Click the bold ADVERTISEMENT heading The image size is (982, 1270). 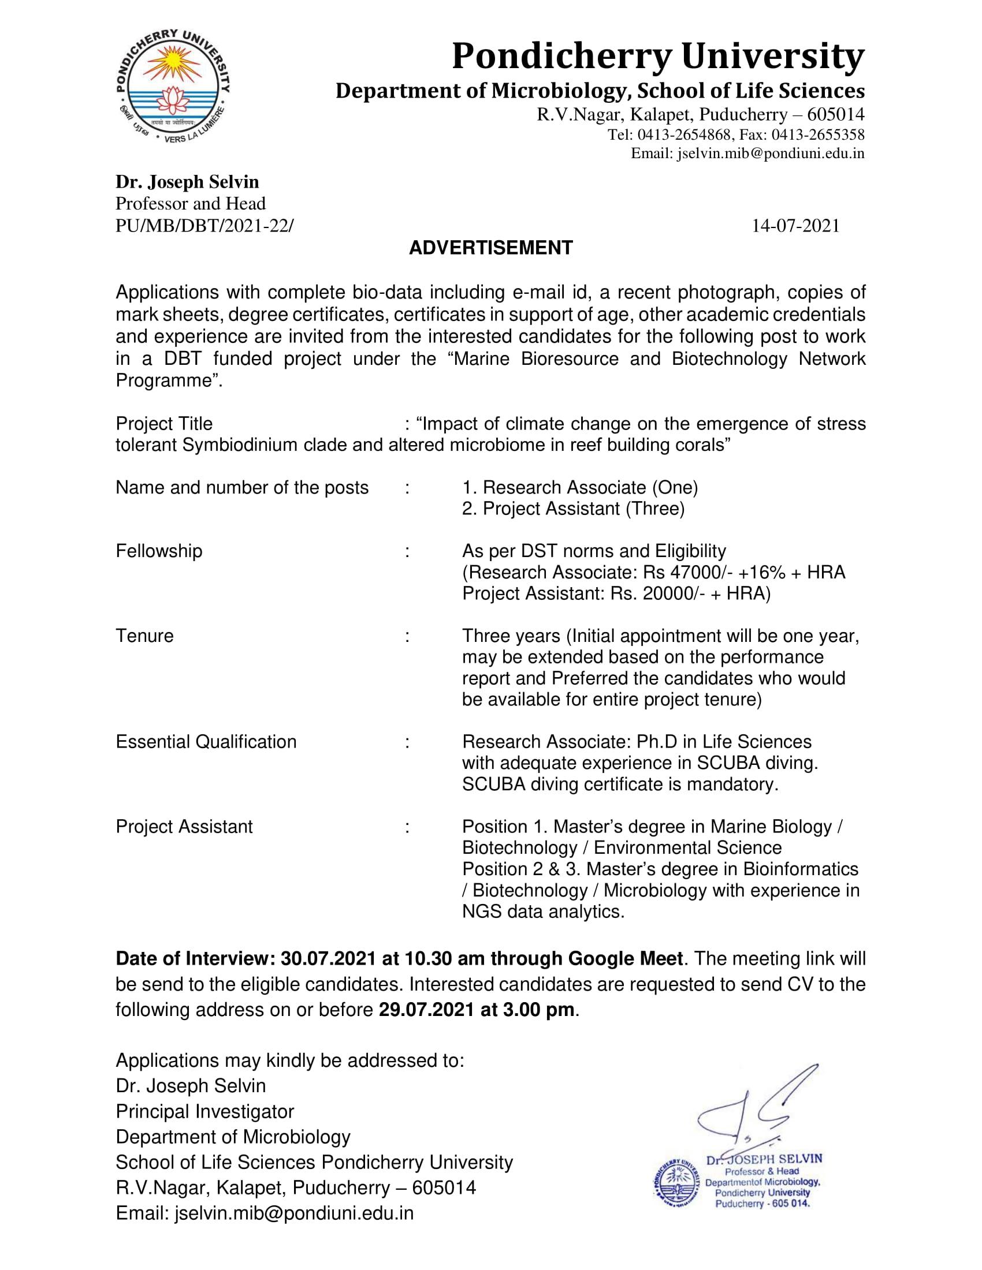point(490,248)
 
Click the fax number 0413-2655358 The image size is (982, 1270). point(818,135)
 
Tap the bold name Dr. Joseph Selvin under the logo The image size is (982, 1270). point(187,182)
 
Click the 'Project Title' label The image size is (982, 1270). point(164,423)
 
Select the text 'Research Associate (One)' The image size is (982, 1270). point(590,487)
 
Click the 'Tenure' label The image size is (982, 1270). point(144,636)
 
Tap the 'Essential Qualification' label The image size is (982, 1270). point(206,741)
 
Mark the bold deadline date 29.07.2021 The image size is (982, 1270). point(427,1010)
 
